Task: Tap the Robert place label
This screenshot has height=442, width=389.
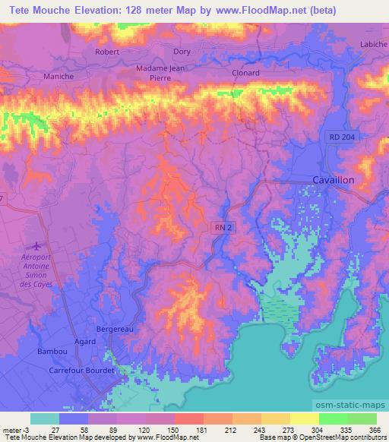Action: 107,52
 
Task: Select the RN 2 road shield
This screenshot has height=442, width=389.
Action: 221,226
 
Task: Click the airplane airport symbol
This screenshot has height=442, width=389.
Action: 34,245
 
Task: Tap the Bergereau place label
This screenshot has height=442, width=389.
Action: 115,330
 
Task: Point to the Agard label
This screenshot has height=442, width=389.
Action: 85,342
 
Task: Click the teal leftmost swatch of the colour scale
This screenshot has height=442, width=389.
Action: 45,418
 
